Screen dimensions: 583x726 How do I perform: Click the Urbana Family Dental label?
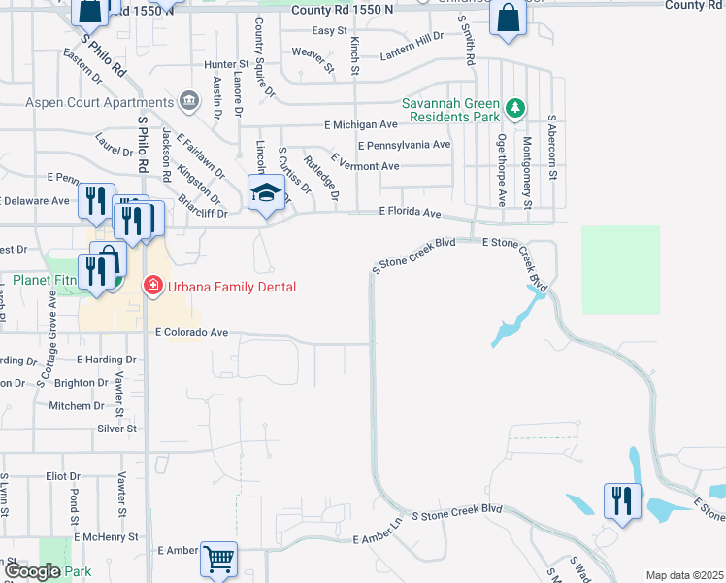click(x=231, y=286)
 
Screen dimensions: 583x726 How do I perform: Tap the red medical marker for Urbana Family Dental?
click(x=152, y=286)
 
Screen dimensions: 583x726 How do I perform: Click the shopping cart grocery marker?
click(x=219, y=560)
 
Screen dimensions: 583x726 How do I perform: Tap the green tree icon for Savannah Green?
click(x=517, y=107)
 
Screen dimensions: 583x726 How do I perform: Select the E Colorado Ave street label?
click(x=192, y=332)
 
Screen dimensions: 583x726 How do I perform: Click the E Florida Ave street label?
click(x=410, y=212)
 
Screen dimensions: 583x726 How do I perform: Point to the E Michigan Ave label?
click(x=361, y=124)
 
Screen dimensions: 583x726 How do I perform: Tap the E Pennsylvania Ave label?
click(x=404, y=145)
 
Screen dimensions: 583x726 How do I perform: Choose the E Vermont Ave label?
click(x=365, y=166)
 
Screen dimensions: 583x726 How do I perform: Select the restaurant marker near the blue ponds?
click(x=621, y=501)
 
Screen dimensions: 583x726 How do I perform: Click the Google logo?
click(x=31, y=571)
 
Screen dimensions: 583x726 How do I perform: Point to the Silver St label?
click(x=116, y=428)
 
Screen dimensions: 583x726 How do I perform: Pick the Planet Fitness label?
click(x=44, y=281)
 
